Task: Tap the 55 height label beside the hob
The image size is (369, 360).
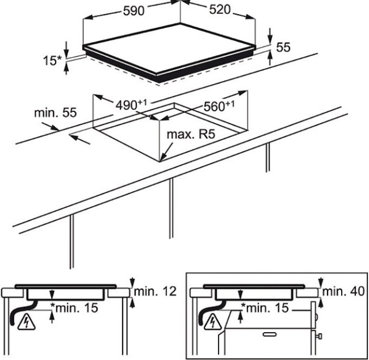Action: [x=283, y=48]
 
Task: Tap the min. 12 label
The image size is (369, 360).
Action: [x=156, y=292]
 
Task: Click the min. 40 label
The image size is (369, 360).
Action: [x=343, y=292]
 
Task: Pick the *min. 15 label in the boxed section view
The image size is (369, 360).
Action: [x=265, y=308]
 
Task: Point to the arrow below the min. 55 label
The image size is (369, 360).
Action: [x=80, y=139]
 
